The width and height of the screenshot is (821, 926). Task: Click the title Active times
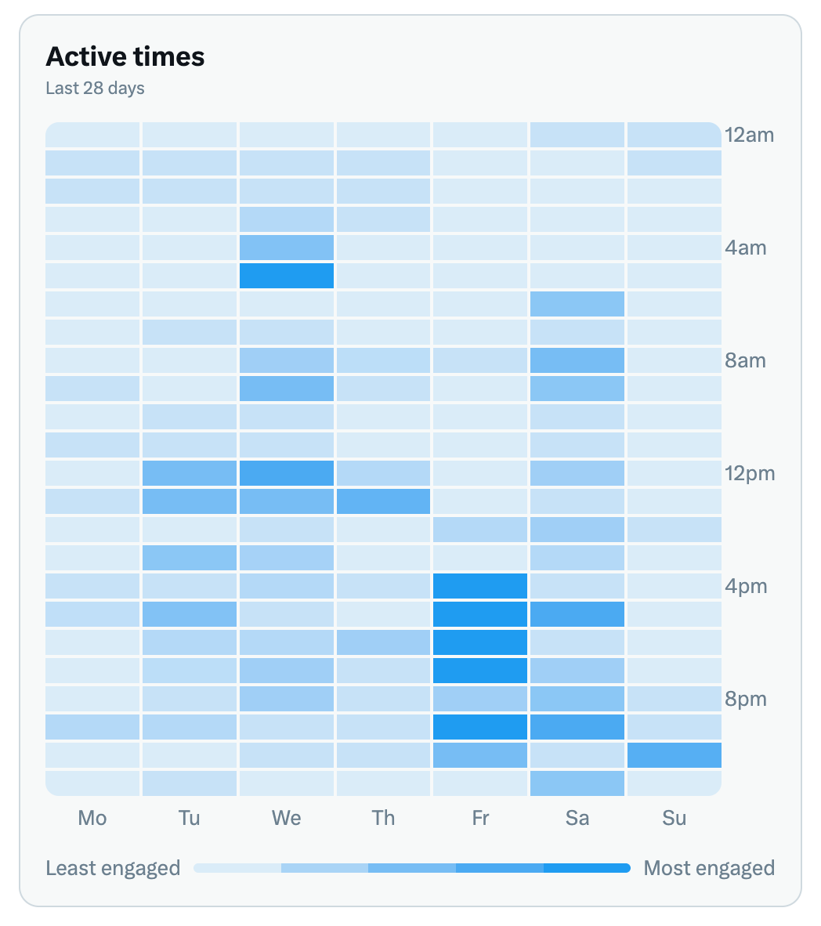point(125,57)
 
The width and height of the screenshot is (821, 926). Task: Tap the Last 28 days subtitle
point(95,89)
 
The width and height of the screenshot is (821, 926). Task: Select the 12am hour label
point(749,135)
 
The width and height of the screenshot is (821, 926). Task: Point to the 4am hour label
point(746,248)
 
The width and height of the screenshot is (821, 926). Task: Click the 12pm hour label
point(749,473)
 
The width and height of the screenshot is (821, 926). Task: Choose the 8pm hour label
point(746,699)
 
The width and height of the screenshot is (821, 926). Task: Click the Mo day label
point(92,818)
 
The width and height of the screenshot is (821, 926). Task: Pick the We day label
point(286,818)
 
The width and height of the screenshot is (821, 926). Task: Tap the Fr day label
point(480,818)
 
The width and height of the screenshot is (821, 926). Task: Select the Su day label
point(674,818)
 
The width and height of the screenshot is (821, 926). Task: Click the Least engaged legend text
point(113,868)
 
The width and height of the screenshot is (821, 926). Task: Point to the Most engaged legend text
point(709,868)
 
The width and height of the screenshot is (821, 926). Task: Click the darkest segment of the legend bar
point(587,868)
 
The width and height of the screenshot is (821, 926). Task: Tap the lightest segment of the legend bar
point(237,868)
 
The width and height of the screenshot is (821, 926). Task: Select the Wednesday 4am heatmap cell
point(287,248)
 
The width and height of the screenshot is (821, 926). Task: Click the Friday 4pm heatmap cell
point(480,586)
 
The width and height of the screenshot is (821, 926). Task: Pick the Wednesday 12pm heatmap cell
point(287,473)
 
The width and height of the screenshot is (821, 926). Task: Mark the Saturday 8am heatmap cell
point(577,360)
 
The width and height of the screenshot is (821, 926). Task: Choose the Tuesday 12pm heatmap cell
point(190,473)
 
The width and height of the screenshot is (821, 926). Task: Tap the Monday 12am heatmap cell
point(92,135)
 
